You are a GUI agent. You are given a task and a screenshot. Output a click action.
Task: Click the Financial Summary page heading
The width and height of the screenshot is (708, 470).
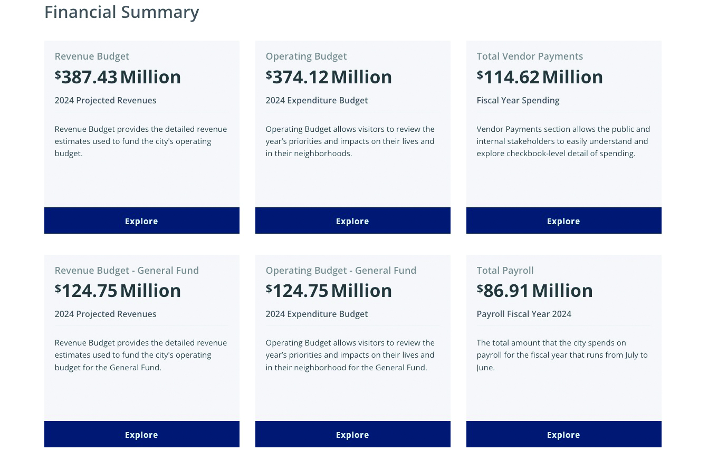click(121, 12)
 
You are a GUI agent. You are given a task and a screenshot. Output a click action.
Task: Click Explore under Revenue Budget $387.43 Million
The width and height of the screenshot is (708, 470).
click(141, 221)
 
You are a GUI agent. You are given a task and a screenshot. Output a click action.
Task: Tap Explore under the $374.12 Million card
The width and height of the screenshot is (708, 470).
click(352, 221)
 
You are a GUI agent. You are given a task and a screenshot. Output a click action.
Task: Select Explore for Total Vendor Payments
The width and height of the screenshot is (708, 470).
click(563, 221)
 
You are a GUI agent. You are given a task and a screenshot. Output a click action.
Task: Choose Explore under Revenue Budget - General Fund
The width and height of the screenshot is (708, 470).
click(141, 435)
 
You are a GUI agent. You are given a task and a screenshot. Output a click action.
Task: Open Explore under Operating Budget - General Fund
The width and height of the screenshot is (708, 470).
click(352, 435)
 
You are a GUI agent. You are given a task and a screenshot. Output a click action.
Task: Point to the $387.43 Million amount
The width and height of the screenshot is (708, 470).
click(118, 77)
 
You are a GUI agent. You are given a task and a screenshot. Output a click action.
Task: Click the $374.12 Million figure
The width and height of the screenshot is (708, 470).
click(329, 77)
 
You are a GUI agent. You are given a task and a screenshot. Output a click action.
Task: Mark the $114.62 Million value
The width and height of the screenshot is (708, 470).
click(540, 77)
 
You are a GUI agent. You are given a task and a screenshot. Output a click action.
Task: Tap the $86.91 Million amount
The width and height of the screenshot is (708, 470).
click(534, 291)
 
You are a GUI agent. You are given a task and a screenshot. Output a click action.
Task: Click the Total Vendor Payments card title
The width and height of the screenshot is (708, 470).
click(530, 56)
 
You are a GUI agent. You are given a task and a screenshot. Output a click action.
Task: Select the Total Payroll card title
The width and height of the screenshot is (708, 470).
click(505, 271)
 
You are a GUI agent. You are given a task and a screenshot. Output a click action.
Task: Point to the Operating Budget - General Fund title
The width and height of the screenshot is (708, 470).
click(341, 271)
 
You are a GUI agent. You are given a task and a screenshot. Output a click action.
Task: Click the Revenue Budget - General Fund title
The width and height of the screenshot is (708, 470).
click(127, 271)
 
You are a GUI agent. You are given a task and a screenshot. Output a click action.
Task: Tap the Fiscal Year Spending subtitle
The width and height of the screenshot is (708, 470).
click(518, 100)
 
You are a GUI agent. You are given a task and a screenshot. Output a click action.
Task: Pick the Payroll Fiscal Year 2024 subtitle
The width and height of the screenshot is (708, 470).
click(524, 314)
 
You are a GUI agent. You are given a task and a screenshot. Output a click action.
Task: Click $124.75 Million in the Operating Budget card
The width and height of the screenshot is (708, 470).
click(329, 291)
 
